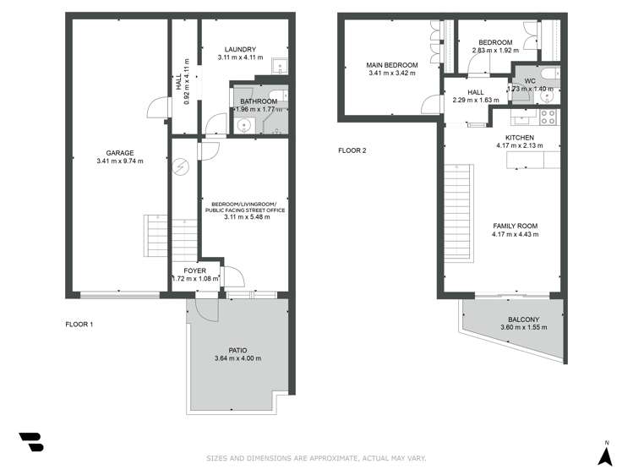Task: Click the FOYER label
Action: (194, 270)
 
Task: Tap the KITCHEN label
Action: (520, 137)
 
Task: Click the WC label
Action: (529, 80)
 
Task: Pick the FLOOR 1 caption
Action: (79, 324)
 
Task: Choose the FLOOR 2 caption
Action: (352, 150)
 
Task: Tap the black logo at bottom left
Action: (30, 443)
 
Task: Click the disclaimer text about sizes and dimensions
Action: (317, 458)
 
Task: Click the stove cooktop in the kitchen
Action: (547, 117)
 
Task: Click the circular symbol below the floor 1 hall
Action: (180, 167)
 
